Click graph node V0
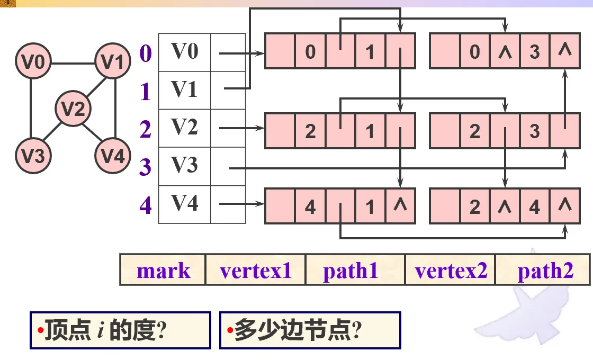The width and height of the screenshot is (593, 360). tap(33, 63)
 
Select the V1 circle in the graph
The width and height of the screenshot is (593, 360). tap(112, 63)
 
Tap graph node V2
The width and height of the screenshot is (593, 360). tap(73, 110)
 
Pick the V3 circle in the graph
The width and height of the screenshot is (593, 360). tap(33, 156)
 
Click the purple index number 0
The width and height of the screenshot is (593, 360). tap(146, 53)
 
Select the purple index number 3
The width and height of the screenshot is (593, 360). tap(146, 167)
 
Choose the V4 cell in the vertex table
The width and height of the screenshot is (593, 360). tap(184, 204)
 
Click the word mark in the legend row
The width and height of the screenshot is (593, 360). tap(163, 271)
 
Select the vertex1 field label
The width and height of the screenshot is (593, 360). tap(256, 271)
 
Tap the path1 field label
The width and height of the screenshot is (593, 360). tap(351, 271)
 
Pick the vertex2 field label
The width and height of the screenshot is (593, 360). tap(451, 271)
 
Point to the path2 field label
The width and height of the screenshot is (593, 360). tap(545, 271)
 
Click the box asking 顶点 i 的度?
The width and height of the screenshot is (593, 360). tap(120, 330)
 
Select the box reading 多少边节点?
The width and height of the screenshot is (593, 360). tap(310, 330)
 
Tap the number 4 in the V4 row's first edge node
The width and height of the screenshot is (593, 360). tap(310, 206)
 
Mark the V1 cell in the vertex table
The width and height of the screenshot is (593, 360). tap(184, 90)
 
